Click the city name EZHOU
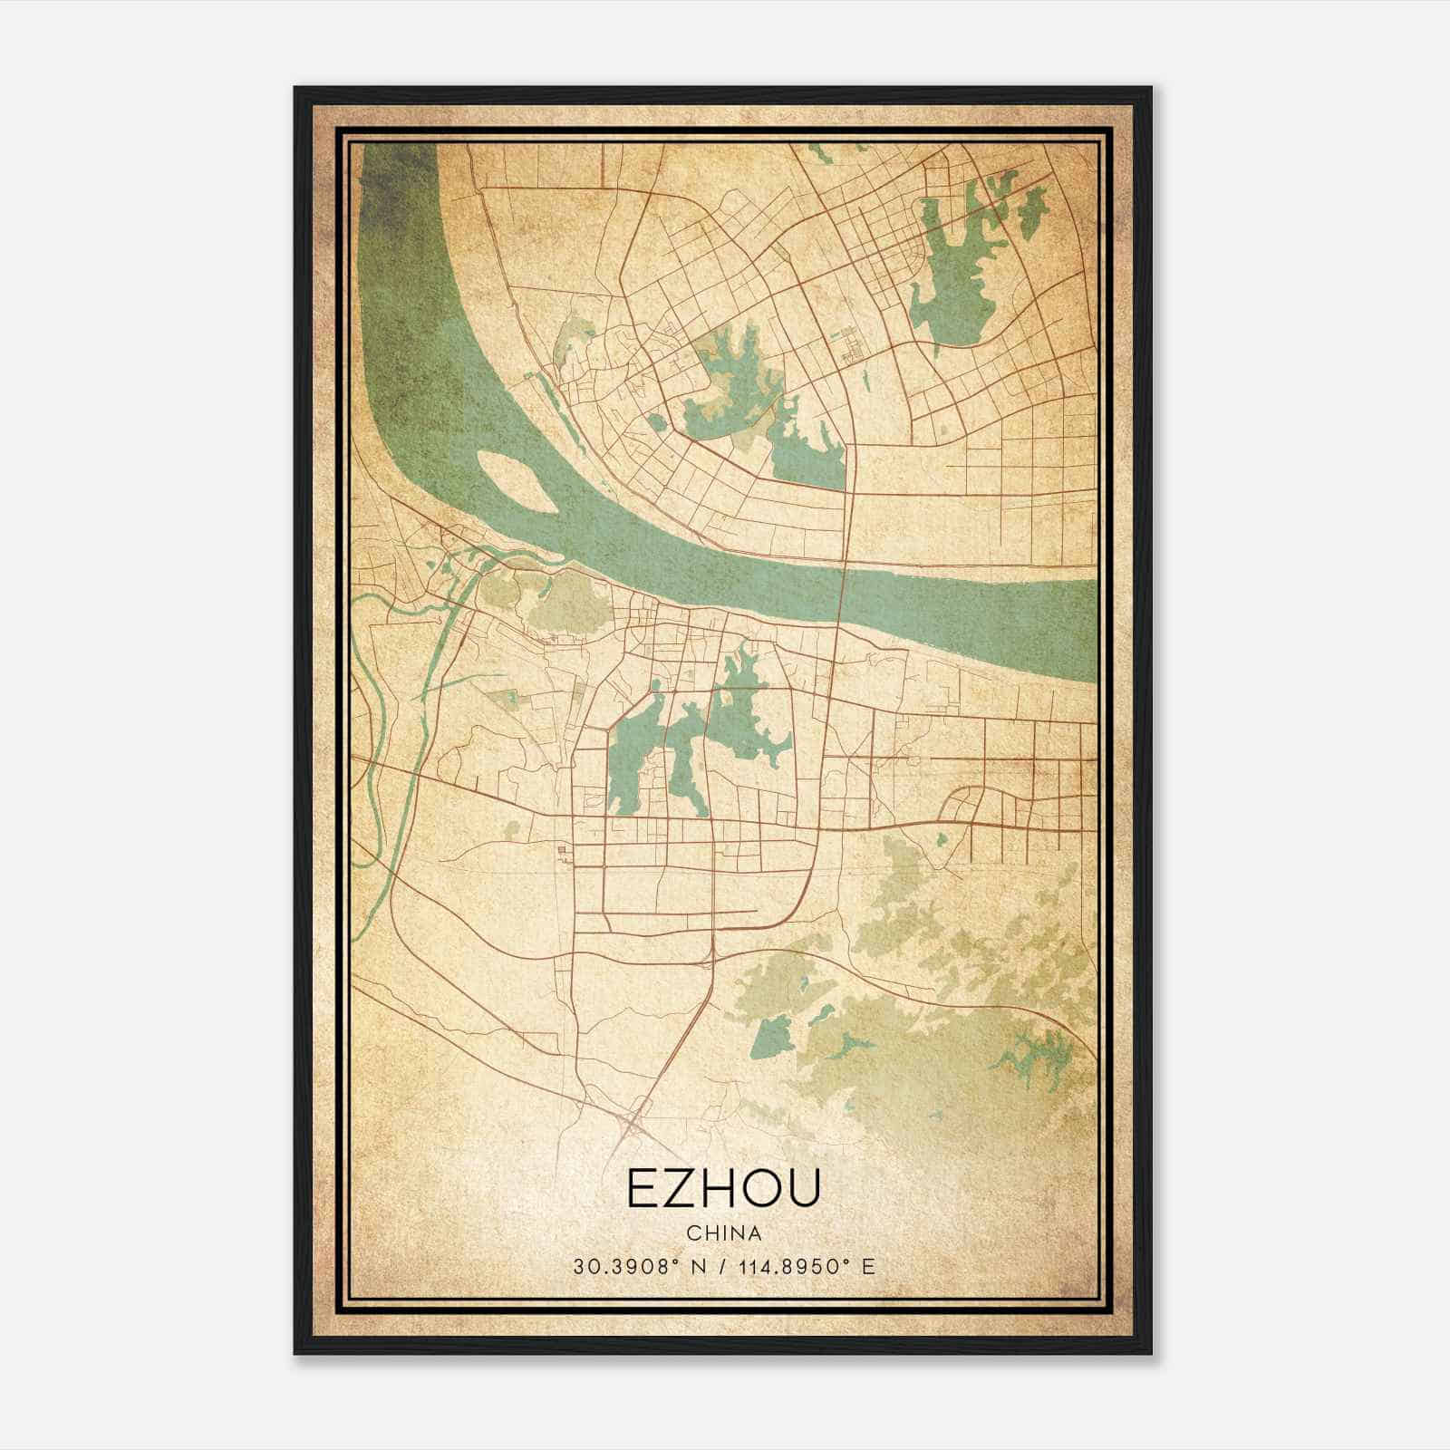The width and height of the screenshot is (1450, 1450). point(723,1190)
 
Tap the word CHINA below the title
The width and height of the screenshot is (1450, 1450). point(723,1233)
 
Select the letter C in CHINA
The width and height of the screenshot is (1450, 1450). point(692,1233)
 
